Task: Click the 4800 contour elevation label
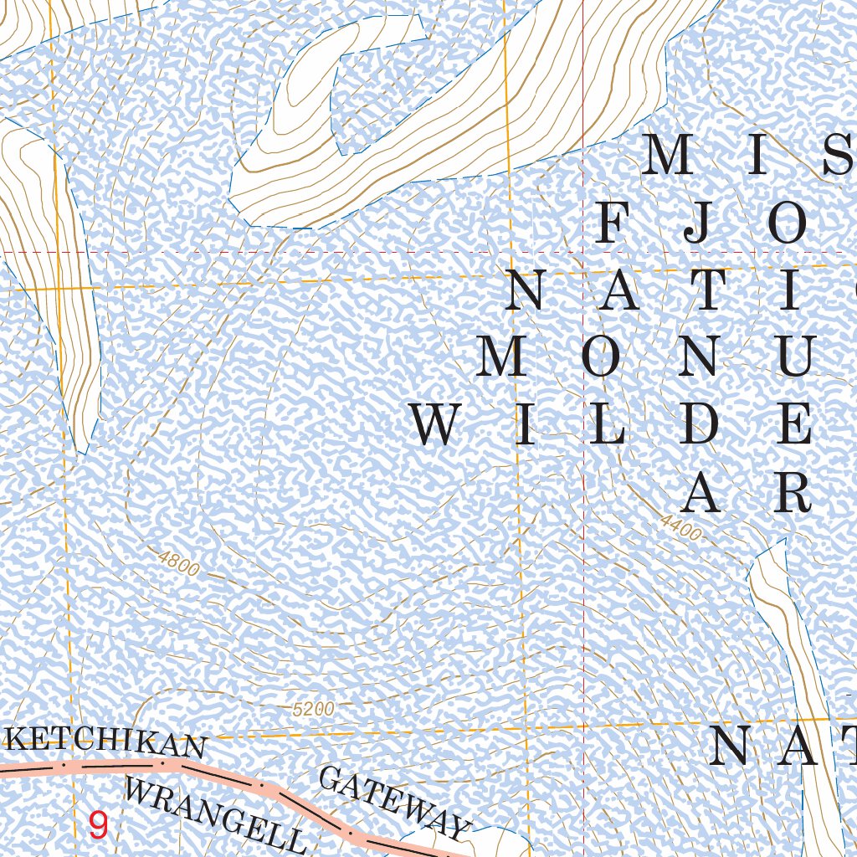click(x=178, y=564)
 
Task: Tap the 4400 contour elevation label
click(x=680, y=527)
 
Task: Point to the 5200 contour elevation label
click(x=314, y=709)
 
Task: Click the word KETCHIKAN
click(x=106, y=742)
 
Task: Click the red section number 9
click(x=98, y=826)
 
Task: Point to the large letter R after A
click(x=792, y=492)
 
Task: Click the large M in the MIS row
click(x=670, y=155)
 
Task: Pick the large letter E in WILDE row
click(x=793, y=424)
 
